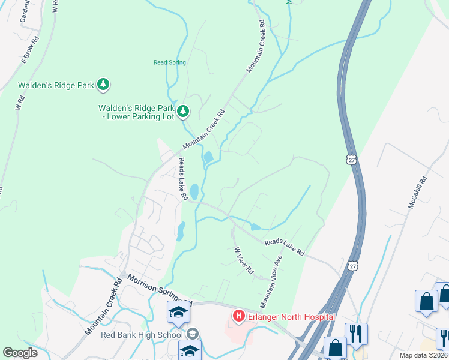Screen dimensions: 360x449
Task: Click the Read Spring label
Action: (x=170, y=62)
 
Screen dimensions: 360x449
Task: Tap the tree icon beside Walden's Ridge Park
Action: (x=104, y=85)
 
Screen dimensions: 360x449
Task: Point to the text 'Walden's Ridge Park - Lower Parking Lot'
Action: (x=136, y=112)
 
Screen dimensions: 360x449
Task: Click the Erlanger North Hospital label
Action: (x=285, y=316)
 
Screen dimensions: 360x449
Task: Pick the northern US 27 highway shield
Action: (x=352, y=159)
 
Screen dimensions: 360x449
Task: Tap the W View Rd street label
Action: (x=244, y=262)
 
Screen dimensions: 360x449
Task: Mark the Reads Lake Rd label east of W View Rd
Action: (x=285, y=247)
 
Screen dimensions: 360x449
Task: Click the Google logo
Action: (x=20, y=353)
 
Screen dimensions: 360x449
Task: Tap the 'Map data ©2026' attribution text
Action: (x=424, y=355)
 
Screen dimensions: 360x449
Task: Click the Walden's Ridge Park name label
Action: (x=56, y=85)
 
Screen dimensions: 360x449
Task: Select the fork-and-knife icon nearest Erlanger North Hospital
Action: (x=356, y=333)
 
